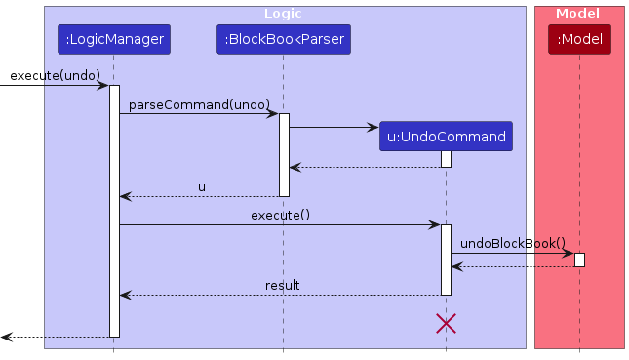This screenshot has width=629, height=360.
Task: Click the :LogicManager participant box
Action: (x=113, y=40)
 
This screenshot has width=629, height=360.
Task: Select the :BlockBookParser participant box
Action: (x=283, y=40)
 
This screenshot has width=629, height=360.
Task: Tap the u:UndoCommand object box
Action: (x=446, y=136)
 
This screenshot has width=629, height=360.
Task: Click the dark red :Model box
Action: (x=579, y=40)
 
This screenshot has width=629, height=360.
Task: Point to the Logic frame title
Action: (x=283, y=14)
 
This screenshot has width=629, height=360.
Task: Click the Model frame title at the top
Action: (x=578, y=14)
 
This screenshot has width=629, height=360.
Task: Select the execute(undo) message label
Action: (x=56, y=75)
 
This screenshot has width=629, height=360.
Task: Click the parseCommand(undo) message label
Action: (x=199, y=103)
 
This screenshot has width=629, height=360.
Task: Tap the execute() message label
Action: (x=280, y=215)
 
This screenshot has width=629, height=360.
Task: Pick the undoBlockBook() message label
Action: (x=512, y=243)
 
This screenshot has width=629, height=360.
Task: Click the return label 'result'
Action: (x=282, y=285)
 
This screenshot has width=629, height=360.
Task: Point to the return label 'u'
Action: (x=202, y=186)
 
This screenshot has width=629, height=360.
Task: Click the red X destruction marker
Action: (x=446, y=324)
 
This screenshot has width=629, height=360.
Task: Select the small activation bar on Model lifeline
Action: (x=579, y=260)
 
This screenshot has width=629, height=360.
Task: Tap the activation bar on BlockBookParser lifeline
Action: (x=284, y=154)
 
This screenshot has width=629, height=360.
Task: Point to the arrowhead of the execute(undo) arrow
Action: (x=102, y=86)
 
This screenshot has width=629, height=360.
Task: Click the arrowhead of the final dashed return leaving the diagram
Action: (x=6, y=337)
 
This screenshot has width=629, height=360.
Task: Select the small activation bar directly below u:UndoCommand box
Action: (x=446, y=158)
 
